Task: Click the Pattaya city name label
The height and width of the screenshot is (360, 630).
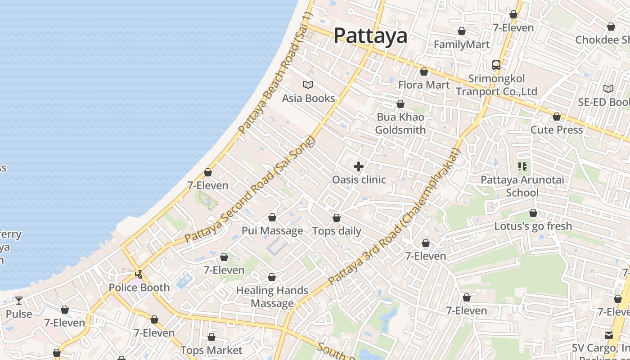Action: [370, 36]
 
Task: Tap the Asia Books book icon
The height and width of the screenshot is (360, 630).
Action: [308, 85]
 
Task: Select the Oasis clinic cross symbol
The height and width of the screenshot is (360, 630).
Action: [359, 167]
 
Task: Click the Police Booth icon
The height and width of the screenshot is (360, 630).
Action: [139, 274]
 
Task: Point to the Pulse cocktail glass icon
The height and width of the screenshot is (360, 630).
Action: [18, 301]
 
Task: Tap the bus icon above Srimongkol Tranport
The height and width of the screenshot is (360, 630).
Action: [496, 65]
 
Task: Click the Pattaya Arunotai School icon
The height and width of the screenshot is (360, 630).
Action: [522, 167]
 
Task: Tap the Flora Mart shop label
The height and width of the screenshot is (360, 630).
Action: [423, 85]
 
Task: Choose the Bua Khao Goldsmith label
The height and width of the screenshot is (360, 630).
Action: [400, 123]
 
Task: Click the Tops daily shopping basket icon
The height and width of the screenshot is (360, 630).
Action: [337, 218]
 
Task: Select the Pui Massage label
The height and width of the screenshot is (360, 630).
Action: [272, 231]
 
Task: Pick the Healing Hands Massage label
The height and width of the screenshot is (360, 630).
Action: [272, 297]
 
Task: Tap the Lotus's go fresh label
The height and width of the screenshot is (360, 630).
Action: [533, 226]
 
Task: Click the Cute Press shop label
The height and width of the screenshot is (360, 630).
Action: [557, 130]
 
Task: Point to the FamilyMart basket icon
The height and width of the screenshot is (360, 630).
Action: [461, 31]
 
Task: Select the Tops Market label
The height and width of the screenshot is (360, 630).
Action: [211, 350]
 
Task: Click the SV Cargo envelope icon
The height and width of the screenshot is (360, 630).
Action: [609, 335]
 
